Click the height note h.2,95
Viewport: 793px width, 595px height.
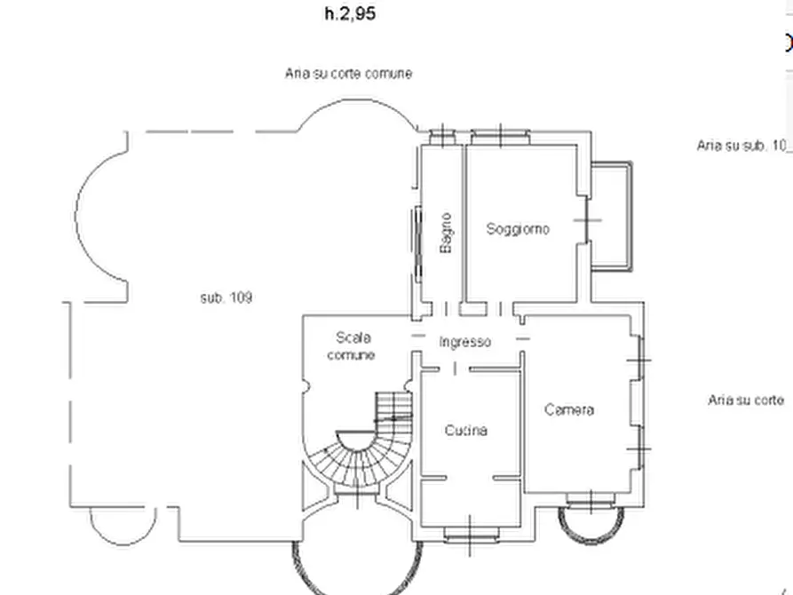coord(350,13)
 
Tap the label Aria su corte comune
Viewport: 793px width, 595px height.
coord(348,74)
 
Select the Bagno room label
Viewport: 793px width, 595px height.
coord(446,233)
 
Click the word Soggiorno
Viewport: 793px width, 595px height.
coord(518,229)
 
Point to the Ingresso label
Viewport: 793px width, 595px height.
coord(464,343)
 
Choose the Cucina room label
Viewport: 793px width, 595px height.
coord(466,430)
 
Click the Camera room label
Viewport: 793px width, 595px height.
coord(569,409)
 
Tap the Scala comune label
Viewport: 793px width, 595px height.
coord(352,346)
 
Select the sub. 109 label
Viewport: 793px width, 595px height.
coord(226,297)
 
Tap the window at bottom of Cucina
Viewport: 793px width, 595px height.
coord(470,535)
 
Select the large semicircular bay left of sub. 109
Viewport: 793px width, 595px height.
coord(77,217)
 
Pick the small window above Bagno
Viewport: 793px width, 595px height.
coord(442,137)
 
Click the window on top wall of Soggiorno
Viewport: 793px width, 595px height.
coord(500,137)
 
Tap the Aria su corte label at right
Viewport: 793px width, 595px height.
coord(746,401)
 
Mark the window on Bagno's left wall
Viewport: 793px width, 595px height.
coord(417,244)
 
